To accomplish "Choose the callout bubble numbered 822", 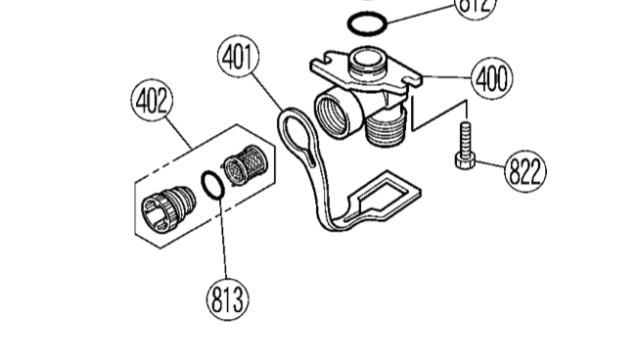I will click(x=525, y=172).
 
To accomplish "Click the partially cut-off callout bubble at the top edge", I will click(x=478, y=6).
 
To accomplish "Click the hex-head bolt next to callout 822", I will click(x=464, y=147).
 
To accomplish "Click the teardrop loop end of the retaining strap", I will click(x=296, y=137).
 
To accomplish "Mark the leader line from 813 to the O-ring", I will click(x=222, y=240).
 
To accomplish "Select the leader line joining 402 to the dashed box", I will click(x=176, y=131).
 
